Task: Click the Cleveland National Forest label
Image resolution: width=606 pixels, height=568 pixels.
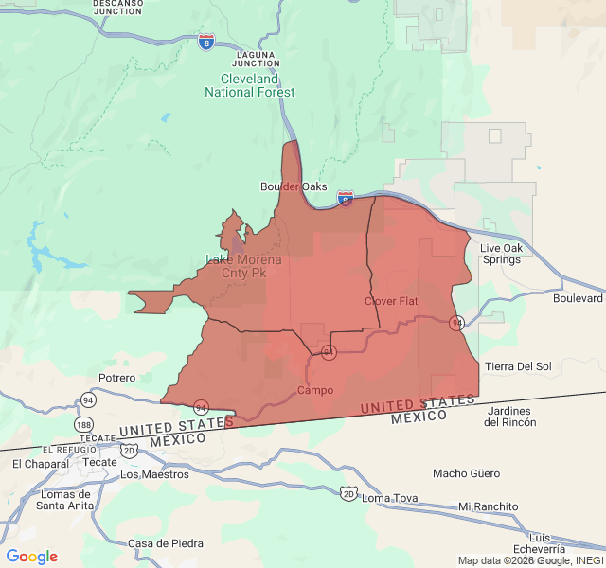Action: tap(250, 85)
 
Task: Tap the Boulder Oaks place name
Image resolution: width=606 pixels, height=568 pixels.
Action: tap(294, 186)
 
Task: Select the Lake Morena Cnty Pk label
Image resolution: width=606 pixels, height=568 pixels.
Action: tap(243, 266)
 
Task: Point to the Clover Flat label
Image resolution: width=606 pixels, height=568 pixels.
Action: tap(391, 301)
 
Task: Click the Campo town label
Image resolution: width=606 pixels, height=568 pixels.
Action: tap(315, 390)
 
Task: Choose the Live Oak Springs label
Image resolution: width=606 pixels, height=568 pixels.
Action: tap(500, 254)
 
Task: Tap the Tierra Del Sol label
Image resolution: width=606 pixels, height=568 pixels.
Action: tap(518, 366)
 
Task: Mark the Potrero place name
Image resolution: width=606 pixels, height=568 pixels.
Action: tap(117, 378)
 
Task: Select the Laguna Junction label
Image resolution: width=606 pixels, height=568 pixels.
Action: tap(257, 59)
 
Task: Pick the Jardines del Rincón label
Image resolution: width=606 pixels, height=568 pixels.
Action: tap(509, 416)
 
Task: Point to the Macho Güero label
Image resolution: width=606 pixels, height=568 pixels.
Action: tap(467, 473)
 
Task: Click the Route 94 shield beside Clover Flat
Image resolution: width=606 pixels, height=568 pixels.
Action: tap(456, 323)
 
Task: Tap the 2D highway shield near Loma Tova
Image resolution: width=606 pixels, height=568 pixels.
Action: tap(348, 493)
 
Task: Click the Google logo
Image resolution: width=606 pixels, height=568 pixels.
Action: tap(31, 557)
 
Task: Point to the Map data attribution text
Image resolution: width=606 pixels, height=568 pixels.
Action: tap(529, 560)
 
